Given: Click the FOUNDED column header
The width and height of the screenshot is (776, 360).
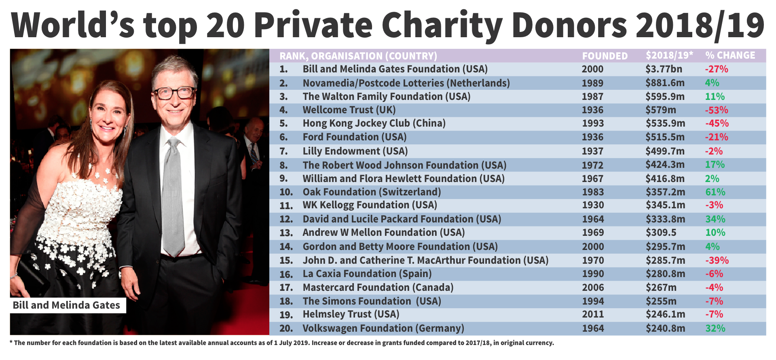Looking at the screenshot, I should (605, 56).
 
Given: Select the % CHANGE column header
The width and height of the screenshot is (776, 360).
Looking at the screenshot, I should (730, 55).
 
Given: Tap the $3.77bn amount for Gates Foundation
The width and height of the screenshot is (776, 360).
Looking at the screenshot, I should (664, 69).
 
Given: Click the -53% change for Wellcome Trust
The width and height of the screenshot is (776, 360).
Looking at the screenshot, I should (717, 110).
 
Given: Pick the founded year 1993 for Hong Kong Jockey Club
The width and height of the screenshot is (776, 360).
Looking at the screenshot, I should (592, 123).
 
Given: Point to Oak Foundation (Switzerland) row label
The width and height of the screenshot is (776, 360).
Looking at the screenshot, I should (372, 192).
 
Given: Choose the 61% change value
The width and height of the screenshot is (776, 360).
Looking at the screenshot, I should (715, 192).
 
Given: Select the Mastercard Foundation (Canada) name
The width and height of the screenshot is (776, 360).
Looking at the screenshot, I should (378, 288).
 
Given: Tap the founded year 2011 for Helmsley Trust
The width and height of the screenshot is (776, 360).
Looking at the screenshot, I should (593, 314).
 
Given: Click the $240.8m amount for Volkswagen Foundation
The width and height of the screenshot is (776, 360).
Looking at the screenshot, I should (665, 328).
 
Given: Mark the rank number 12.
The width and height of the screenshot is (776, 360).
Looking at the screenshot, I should (286, 219).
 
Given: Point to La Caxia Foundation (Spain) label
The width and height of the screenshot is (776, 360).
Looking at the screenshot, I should (367, 274).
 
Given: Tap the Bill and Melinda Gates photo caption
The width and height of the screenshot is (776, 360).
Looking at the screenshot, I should (67, 305).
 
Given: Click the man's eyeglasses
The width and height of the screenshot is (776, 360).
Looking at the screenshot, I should (175, 93).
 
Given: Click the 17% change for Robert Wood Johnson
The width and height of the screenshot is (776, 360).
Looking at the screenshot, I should (715, 165).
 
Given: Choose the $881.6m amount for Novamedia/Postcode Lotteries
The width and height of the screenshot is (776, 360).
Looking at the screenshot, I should (665, 83).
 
